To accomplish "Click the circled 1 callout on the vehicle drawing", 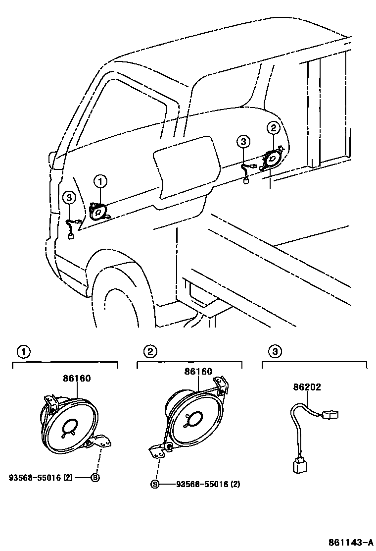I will click(x=100, y=182).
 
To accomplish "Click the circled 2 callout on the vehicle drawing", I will click(x=273, y=128).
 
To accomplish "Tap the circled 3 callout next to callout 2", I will click(x=243, y=142).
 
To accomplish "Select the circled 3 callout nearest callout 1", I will click(x=69, y=198).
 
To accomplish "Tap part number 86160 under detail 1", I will click(x=77, y=378).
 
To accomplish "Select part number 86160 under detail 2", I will click(x=198, y=371).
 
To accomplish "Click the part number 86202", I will click(x=306, y=387).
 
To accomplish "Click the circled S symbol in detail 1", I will click(x=94, y=478).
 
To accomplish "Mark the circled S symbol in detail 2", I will click(x=154, y=484).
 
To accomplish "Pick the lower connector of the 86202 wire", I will click(x=298, y=465).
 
